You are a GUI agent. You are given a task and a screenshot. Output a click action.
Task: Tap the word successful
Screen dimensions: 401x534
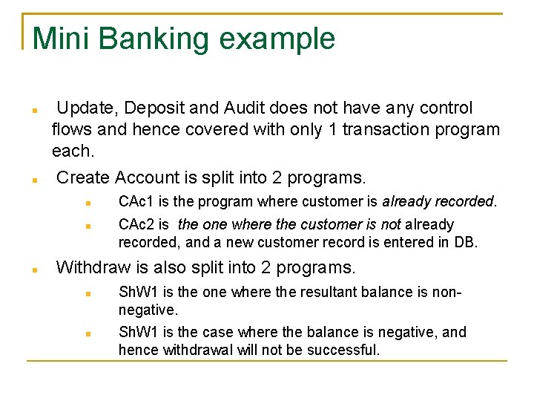[x=343, y=349]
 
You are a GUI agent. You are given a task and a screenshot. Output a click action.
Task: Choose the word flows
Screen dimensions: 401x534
[x=71, y=130]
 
